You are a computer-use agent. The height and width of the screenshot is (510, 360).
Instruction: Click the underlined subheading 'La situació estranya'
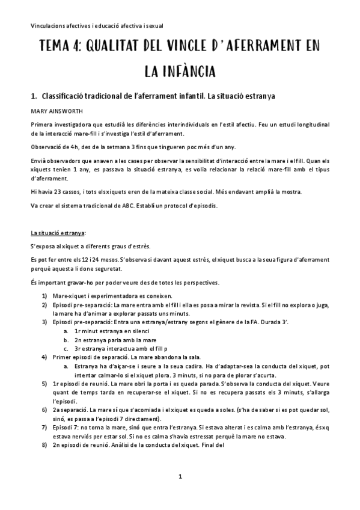(x=58, y=232)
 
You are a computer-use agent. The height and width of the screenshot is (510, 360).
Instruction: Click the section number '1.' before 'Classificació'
(x=34, y=96)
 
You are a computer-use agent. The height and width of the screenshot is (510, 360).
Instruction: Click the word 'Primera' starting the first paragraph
(x=41, y=124)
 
